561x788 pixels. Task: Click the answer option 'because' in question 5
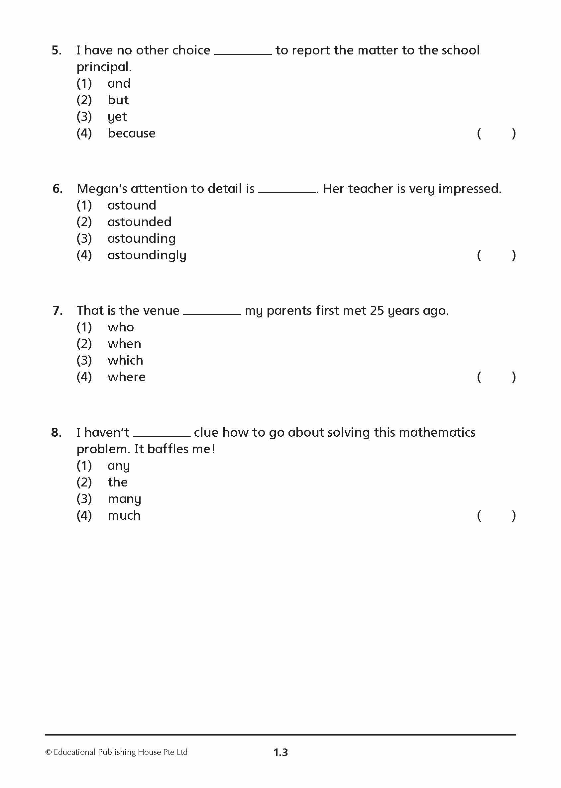[131, 133]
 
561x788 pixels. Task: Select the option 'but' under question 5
[118, 100]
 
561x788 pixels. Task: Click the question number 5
[56, 50]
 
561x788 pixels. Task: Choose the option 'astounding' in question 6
[141, 239]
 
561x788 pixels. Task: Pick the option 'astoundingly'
[147, 255]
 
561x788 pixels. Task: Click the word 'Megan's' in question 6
[102, 189]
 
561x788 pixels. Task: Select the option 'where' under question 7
[126, 377]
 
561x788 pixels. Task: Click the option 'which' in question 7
[125, 360]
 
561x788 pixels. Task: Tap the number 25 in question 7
[377, 310]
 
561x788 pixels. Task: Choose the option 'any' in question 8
[119, 466]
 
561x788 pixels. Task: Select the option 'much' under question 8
[124, 516]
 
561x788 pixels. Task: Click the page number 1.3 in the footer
[280, 752]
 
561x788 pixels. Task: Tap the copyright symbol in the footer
[49, 752]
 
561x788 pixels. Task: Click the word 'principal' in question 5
[103, 67]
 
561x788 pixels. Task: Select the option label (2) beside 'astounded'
[84, 222]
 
